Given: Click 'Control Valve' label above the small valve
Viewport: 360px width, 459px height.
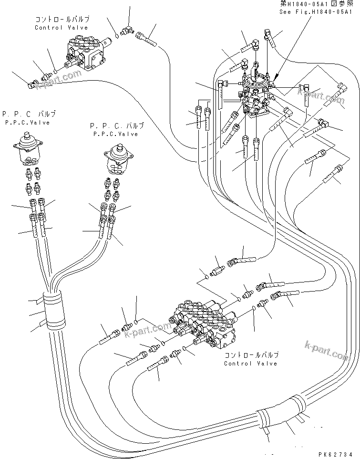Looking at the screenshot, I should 61,28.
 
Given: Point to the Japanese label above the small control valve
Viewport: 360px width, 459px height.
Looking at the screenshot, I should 62,20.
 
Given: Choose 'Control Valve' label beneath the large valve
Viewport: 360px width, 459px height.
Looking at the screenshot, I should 251,364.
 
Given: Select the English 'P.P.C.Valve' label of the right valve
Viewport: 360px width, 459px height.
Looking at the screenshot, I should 115,134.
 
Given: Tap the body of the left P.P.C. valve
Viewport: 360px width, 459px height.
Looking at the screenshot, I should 30,150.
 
